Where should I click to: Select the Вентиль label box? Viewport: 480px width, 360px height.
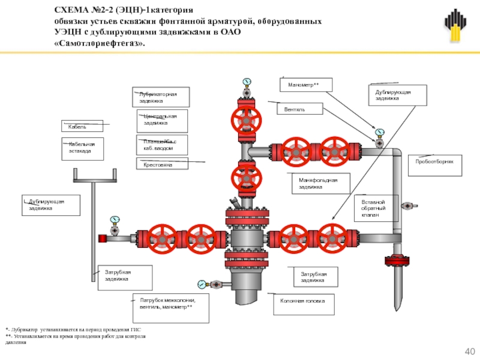(299, 109)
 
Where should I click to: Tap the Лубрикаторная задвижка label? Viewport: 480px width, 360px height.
(160, 97)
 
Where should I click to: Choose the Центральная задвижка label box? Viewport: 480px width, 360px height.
(160, 120)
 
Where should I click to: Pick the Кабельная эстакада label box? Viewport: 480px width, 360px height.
(83, 149)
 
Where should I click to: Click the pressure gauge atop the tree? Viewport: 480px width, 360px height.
(246, 82)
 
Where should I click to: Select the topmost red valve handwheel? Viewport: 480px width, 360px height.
(246, 119)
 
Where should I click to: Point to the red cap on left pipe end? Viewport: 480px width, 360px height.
(103, 238)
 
